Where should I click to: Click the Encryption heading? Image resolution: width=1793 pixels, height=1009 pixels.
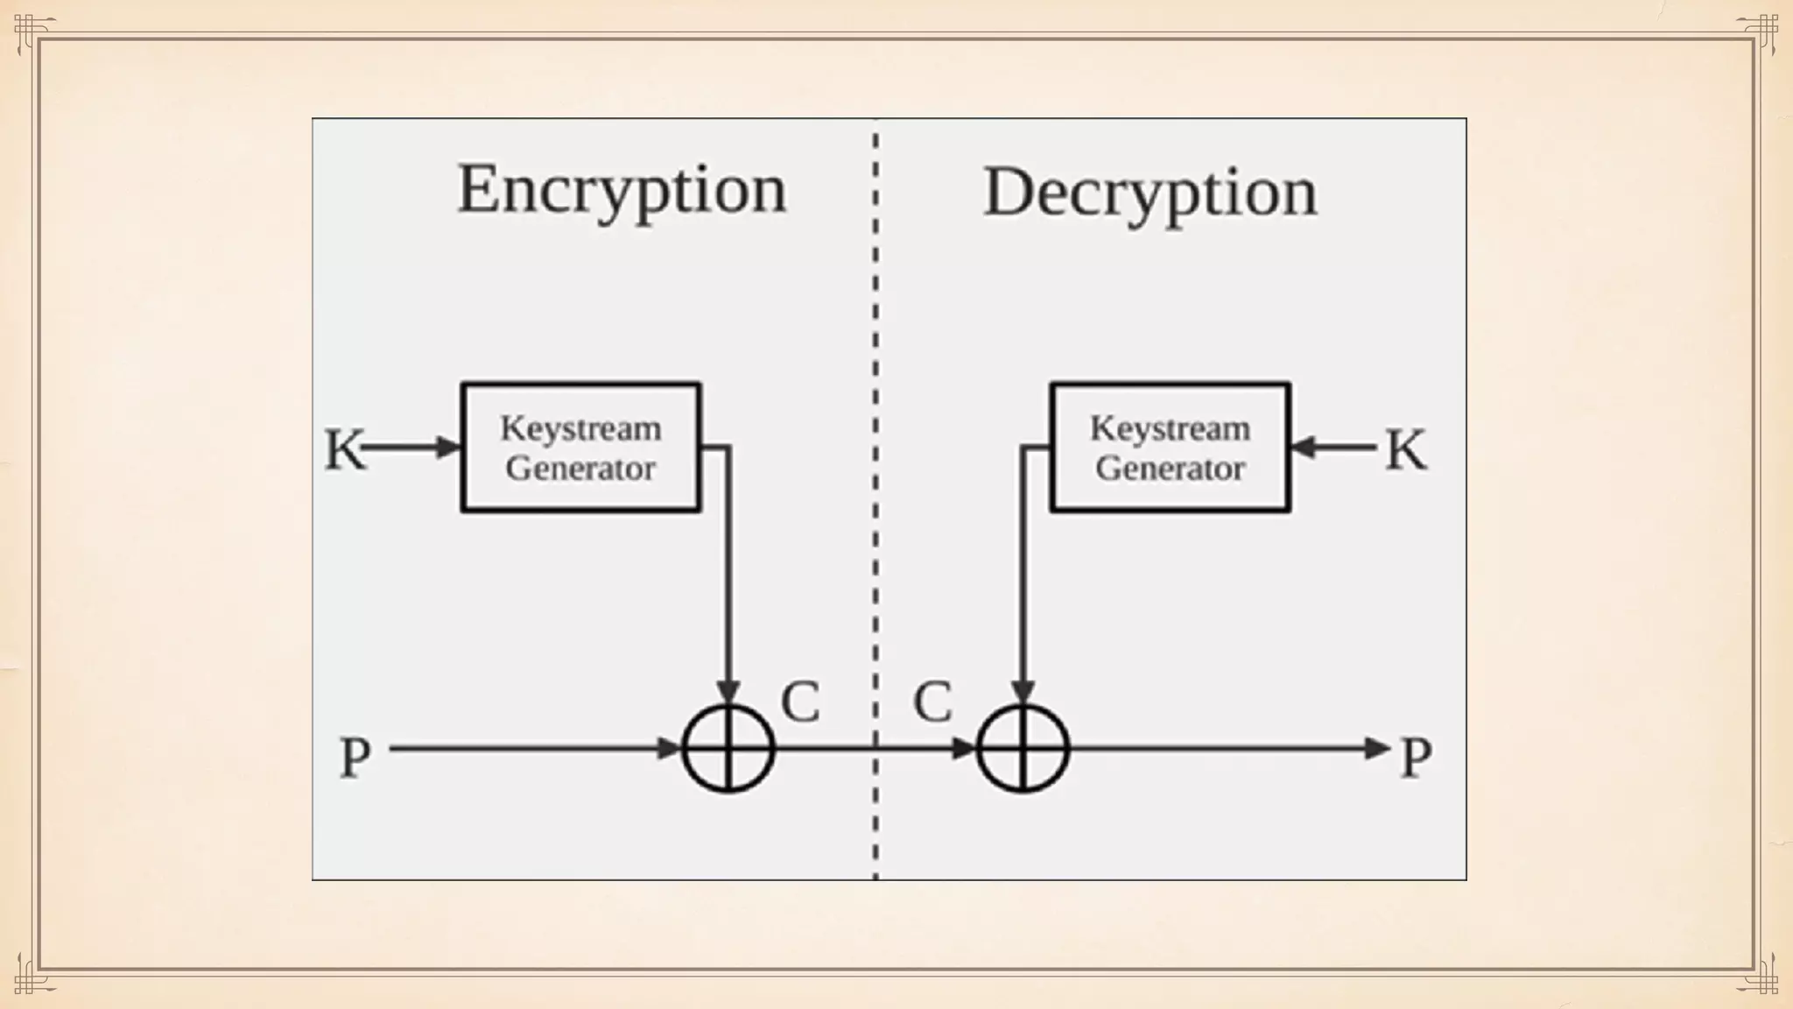coord(622,190)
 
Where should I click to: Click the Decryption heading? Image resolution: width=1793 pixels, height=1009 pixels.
coord(1150,194)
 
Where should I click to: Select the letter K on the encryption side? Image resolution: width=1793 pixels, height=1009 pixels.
coord(343,449)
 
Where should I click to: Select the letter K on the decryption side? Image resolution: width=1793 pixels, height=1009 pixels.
coord(1406,449)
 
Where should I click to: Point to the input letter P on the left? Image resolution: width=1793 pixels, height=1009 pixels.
coord(355,757)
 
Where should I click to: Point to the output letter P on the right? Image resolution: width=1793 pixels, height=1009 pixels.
coord(1416,757)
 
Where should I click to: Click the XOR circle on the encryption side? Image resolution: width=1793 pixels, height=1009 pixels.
coord(728,749)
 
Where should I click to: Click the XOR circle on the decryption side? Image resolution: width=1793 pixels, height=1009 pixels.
coord(1023,749)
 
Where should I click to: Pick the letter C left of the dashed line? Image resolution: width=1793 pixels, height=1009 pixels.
coord(800,702)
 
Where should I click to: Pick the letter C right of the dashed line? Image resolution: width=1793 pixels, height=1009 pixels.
coord(932,702)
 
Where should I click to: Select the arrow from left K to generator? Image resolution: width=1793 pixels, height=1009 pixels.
coord(411,448)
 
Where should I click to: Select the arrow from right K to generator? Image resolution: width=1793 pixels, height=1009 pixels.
coord(1335,448)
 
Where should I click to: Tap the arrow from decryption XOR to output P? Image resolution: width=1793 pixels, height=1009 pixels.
coord(1226,749)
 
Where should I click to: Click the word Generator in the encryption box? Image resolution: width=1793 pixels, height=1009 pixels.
coord(580,469)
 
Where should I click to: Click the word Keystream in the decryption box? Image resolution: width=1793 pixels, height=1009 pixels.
coord(1170,428)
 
